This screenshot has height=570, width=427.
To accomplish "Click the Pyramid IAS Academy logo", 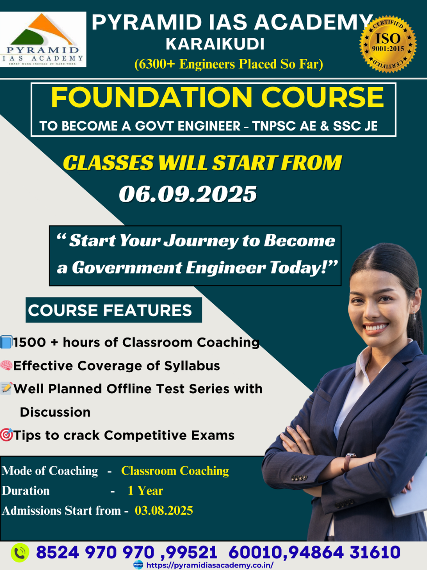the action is point(43,39).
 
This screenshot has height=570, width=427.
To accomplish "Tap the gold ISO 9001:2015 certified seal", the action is point(388,44).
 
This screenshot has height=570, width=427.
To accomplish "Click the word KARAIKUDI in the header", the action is point(215,44).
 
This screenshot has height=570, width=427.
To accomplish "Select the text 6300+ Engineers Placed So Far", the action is point(229,65).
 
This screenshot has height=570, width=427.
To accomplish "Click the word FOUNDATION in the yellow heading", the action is point(151,98).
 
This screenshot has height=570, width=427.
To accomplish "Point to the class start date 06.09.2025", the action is point(188,194).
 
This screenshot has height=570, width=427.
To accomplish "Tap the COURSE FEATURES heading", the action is point(110,310).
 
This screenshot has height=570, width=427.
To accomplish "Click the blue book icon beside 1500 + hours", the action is point(6,342).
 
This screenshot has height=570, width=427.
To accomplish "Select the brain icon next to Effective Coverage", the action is point(6,365).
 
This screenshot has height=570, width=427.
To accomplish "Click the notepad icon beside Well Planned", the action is point(6,388).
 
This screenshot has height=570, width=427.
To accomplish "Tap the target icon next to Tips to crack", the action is point(6,435).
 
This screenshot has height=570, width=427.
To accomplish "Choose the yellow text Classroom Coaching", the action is point(175,471).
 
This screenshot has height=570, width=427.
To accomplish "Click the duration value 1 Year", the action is point(145,491).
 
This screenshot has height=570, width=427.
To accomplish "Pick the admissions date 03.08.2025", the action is point(164,510).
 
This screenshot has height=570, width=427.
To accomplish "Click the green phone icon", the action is point(20,552).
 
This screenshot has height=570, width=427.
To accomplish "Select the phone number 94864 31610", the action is point(345,552).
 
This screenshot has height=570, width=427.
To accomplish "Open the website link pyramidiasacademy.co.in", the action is point(210,565).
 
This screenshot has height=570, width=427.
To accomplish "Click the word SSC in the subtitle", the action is point(346,126).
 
